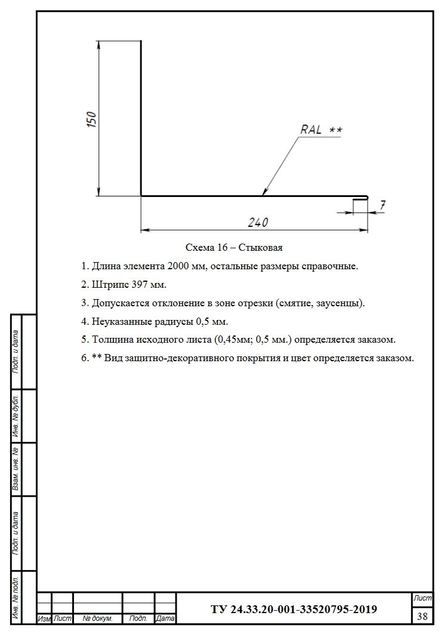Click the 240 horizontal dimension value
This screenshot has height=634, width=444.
tap(258, 222)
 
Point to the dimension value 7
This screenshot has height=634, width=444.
tap(383, 205)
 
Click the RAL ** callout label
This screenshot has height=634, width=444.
tap(321, 130)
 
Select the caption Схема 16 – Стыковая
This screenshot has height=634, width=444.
tap(234, 247)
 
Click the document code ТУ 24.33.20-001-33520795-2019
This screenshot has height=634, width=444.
tap(294, 610)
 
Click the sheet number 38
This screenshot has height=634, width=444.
tap(423, 615)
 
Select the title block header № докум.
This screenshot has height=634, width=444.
tap(97, 619)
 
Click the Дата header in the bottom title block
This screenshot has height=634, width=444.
tap(165, 619)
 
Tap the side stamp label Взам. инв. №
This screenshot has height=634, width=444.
tap(17, 469)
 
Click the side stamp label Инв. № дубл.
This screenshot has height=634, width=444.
tap(17, 416)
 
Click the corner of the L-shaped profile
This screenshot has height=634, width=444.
tap(141, 195)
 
